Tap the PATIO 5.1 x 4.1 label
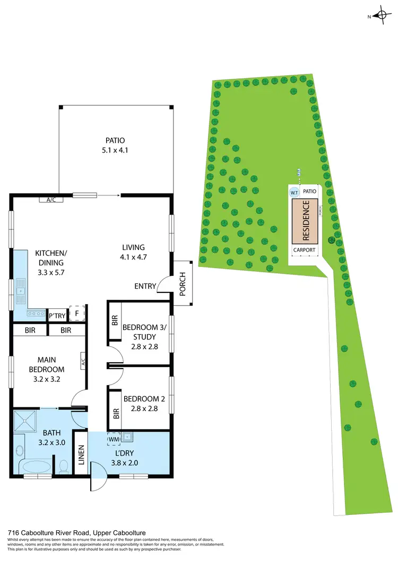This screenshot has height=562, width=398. pyautogui.click(x=115, y=145)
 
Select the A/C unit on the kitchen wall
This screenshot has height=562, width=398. pyautogui.click(x=51, y=200)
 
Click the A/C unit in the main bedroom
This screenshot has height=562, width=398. pyautogui.click(x=83, y=362)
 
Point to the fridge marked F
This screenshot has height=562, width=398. pyautogui.click(x=77, y=313)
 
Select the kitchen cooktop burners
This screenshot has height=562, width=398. pyautogui.click(x=37, y=314)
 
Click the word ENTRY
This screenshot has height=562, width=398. pyautogui.click(x=145, y=286)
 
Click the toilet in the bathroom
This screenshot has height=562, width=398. pyautogui.click(x=64, y=467)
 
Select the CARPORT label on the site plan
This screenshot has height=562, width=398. pyautogui.click(x=305, y=250)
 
